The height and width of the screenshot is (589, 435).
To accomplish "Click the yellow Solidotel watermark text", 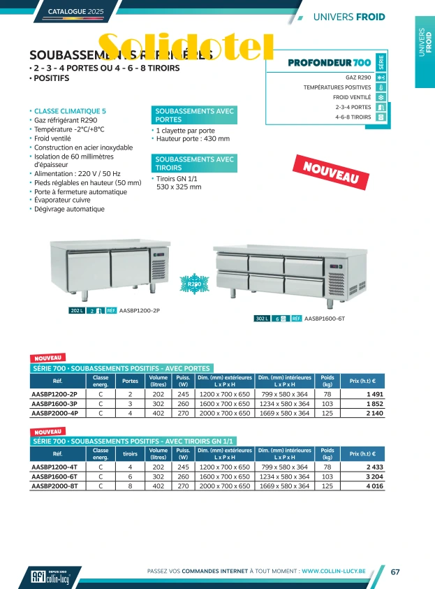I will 186,46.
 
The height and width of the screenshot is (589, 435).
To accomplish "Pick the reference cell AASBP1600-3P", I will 54,404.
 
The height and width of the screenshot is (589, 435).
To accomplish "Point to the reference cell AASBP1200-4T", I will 54,467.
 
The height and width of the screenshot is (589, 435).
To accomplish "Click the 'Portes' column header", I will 130,381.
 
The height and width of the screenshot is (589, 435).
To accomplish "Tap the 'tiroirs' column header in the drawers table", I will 130,454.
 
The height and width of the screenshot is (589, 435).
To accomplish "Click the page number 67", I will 395,572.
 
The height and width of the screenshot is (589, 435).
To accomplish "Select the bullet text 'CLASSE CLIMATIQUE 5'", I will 70,111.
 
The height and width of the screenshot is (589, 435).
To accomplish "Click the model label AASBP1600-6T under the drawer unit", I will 325,318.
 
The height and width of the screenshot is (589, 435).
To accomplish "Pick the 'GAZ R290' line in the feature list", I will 358,77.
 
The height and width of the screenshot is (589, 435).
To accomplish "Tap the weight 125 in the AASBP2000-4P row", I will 327,413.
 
